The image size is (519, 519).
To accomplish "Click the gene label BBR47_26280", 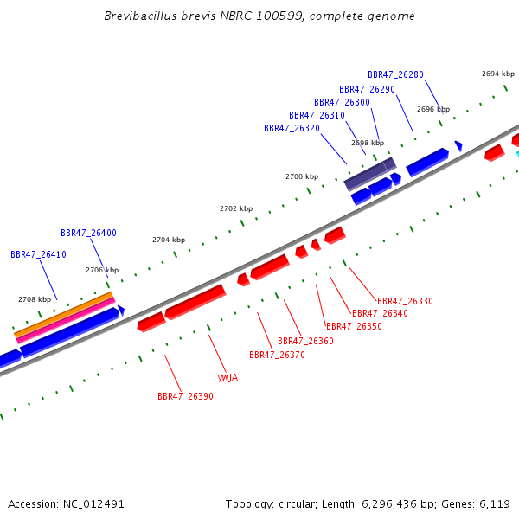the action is click(x=395, y=74).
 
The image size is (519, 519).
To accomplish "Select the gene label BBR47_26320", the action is click(x=292, y=128).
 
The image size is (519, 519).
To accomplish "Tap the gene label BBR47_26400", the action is click(x=88, y=233).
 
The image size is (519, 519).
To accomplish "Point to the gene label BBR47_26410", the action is click(x=38, y=254).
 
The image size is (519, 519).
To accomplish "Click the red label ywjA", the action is click(x=227, y=377).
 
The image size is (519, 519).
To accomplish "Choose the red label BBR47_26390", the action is click(x=185, y=396).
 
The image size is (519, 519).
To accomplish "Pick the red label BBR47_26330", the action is click(x=405, y=301).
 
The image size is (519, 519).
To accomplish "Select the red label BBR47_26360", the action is click(x=305, y=341).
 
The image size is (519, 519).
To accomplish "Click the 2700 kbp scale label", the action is click(x=302, y=176).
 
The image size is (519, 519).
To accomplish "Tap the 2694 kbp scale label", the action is click(x=498, y=74).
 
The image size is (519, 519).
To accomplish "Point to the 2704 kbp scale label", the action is click(x=169, y=240).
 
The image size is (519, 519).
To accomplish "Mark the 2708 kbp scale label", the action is click(x=35, y=299).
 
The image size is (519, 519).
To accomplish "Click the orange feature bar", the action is click(x=63, y=315).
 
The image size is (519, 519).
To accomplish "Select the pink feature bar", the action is click(x=66, y=320).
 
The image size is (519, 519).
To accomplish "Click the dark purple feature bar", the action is click(x=370, y=174).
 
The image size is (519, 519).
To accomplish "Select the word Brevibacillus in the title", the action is click(x=141, y=16).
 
